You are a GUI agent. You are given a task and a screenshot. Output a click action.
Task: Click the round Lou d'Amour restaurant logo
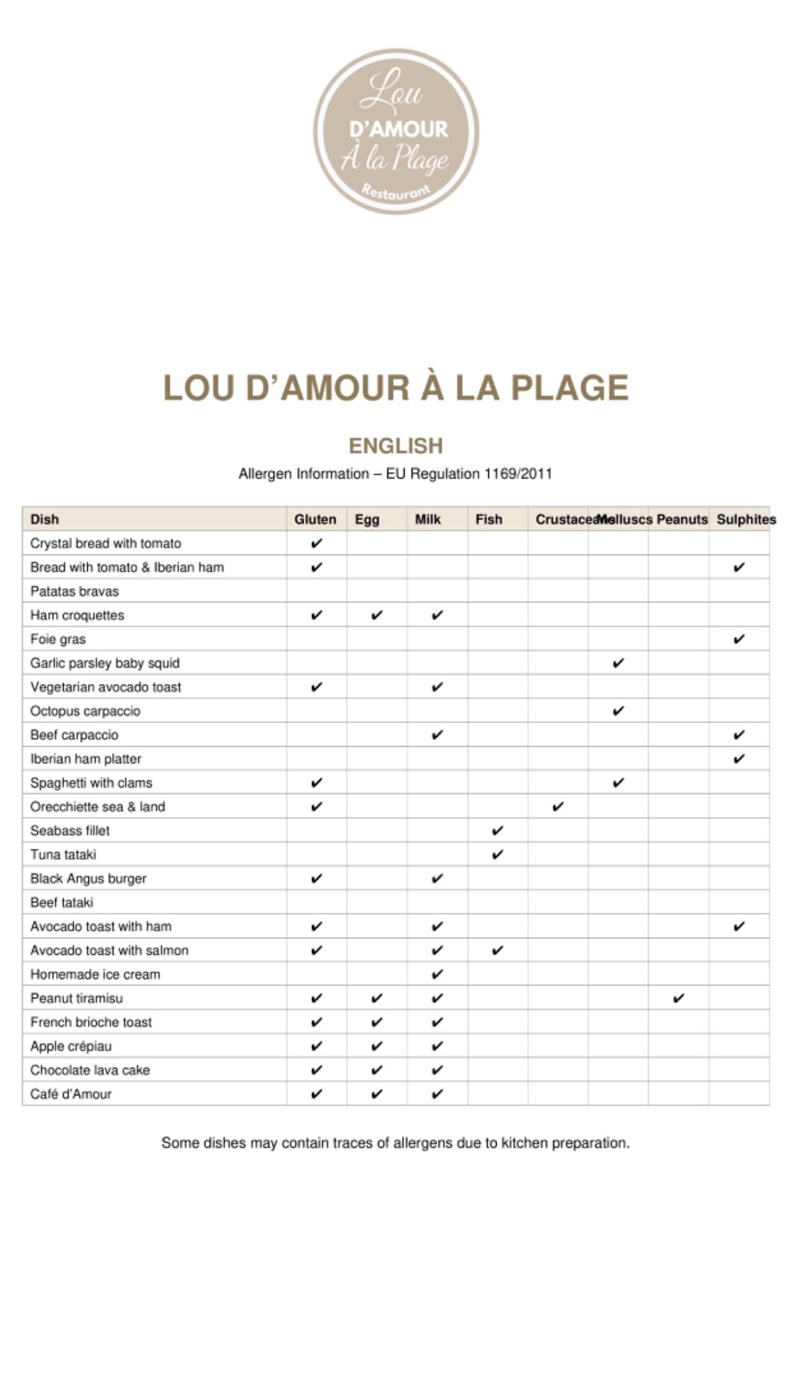pyautogui.click(x=396, y=131)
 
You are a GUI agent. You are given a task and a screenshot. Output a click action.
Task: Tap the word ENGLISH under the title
pyautogui.click(x=396, y=446)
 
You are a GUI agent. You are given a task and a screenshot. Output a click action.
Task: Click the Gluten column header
pyautogui.click(x=315, y=519)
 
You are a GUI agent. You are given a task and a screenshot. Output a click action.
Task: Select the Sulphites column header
pyautogui.click(x=746, y=519)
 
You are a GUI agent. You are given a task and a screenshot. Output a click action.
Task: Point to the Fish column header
pyautogui.click(x=488, y=519)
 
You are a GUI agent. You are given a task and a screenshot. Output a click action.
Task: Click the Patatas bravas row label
pyautogui.click(x=75, y=591)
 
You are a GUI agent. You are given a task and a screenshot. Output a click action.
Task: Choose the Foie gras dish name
pyautogui.click(x=58, y=639)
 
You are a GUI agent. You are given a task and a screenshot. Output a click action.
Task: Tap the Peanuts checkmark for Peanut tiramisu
pyautogui.click(x=679, y=998)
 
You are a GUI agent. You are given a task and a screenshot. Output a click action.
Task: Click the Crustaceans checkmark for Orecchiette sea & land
pyautogui.click(x=558, y=806)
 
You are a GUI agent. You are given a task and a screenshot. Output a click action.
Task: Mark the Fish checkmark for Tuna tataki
pyautogui.click(x=497, y=855)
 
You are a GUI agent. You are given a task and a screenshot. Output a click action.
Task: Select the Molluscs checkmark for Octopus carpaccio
pyautogui.click(x=618, y=711)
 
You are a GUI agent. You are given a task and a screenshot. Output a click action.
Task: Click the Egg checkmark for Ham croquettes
pyautogui.click(x=377, y=615)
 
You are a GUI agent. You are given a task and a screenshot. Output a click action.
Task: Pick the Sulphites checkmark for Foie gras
pyautogui.click(x=739, y=639)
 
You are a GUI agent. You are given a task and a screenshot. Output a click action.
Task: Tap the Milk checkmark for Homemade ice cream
pyautogui.click(x=437, y=974)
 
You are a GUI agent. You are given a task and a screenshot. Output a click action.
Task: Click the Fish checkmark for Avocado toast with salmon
pyautogui.click(x=497, y=950)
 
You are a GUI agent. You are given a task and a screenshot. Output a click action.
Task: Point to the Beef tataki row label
pyautogui.click(x=62, y=902)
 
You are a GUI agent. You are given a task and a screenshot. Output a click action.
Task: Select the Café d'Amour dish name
pyautogui.click(x=71, y=1094)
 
